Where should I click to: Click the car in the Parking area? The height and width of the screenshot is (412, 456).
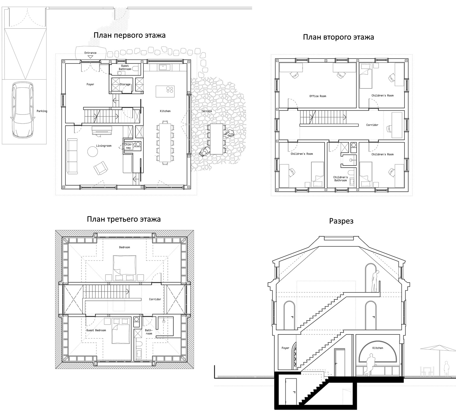click(22, 110)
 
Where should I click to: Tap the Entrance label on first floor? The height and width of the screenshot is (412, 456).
click(90, 53)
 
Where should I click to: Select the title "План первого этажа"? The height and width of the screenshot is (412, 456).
click(130, 35)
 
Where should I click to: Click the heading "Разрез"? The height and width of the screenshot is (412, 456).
click(341, 221)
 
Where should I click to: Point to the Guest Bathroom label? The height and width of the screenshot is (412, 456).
click(125, 67)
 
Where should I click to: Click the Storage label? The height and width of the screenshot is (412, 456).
click(125, 84)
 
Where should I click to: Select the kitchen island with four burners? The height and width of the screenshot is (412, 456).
click(165, 91)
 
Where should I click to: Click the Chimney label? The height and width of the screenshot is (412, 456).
click(128, 146)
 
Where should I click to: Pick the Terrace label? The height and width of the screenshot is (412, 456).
click(206, 111)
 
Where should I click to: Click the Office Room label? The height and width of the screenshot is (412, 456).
click(318, 96)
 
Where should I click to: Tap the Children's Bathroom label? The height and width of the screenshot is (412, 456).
click(341, 179)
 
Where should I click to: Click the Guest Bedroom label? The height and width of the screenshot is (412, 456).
click(96, 330)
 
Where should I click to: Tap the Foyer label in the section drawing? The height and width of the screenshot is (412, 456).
click(285, 348)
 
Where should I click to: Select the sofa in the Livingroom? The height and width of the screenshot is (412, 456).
click(72, 156)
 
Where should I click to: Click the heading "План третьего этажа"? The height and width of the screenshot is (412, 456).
click(124, 219)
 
